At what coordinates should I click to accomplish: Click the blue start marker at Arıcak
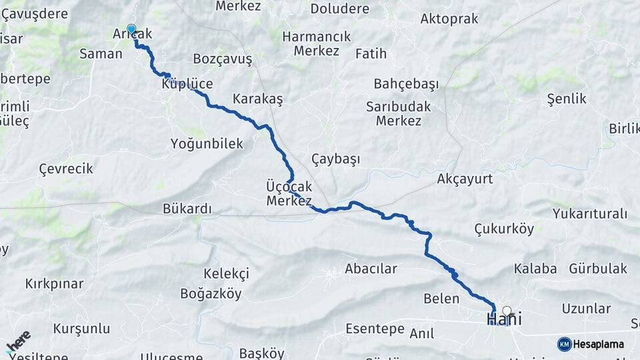tap(131, 29)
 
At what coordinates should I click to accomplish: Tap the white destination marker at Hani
tap(507, 311)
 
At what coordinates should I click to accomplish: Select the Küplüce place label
tap(187, 85)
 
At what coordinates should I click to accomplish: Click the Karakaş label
tap(257, 99)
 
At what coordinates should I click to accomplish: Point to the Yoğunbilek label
tap(207, 143)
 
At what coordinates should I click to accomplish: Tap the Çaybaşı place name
tap(335, 159)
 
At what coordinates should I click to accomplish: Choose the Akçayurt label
tap(465, 179)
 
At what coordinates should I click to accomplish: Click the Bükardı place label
tap(187, 209)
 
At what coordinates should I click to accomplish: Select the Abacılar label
tap(371, 269)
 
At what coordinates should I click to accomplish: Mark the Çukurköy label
tap(504, 229)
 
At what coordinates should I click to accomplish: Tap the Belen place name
tap(441, 298)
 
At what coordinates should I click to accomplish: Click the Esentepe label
tap(375, 329)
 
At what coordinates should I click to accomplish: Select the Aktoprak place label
tap(449, 19)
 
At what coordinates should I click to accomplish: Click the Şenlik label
tap(566, 99)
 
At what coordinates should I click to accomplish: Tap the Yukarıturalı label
tap(590, 214)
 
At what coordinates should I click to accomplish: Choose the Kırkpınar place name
tap(55, 283)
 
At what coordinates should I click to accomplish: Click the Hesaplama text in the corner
tap(599, 344)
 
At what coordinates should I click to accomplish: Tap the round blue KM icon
tap(564, 344)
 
